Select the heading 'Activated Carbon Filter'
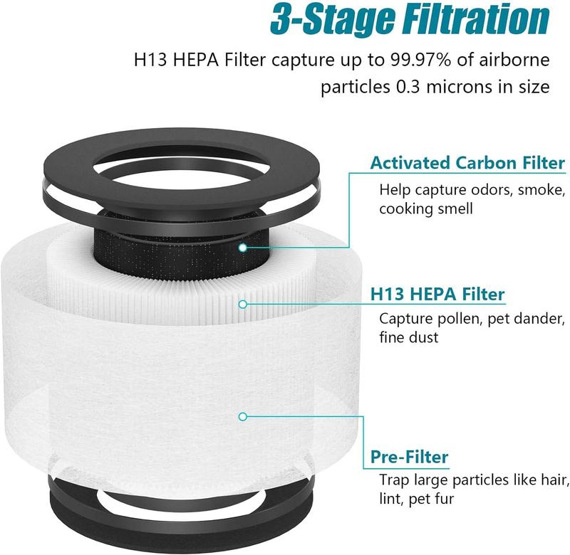tap(467, 163)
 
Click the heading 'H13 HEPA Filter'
tap(437, 294)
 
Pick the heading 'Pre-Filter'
tap(409, 457)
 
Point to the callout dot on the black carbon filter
tap(243, 248)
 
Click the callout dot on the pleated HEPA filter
tap(243, 304)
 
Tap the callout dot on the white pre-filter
tap(243, 417)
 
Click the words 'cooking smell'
tap(426, 209)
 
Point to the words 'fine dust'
tap(409, 337)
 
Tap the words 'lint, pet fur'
tap(417, 499)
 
